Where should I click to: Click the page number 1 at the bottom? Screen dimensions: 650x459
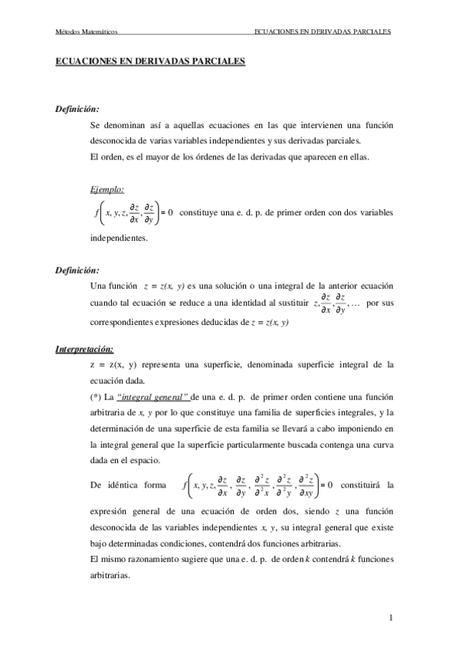(x=391, y=617)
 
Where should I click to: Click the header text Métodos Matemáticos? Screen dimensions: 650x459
(x=84, y=32)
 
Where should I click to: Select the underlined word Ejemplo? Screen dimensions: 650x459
(x=107, y=190)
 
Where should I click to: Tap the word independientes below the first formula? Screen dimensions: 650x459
(x=119, y=238)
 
